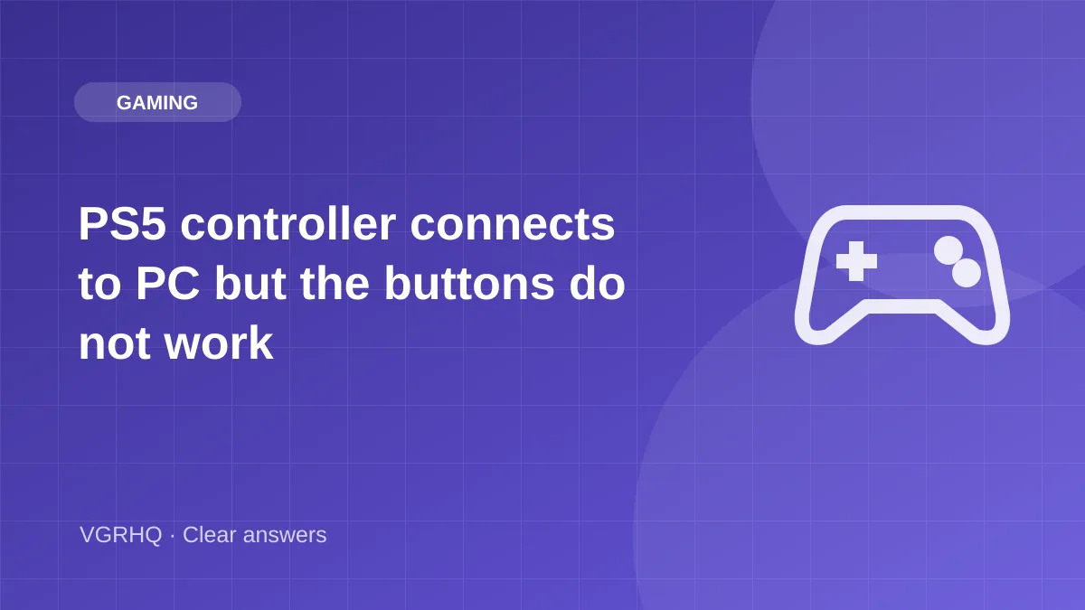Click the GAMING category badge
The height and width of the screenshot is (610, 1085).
point(157,102)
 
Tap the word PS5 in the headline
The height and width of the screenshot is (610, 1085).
point(122,224)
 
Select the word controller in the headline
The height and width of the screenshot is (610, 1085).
point(288,224)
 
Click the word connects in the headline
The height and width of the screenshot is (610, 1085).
point(513,225)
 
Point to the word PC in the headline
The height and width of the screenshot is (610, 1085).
point(167,284)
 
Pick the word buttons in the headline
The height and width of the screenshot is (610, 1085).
point(469,284)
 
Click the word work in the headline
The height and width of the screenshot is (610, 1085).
point(219,343)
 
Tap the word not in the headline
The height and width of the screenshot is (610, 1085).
point(115,344)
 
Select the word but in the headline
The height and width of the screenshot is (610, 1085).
point(250,284)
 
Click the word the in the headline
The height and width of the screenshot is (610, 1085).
point(335,284)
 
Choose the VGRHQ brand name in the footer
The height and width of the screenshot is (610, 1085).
point(120,535)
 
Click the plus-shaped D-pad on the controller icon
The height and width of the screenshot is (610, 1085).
point(856,261)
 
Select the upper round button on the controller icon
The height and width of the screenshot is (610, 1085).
point(948,250)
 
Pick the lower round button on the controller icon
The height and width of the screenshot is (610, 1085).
point(967,273)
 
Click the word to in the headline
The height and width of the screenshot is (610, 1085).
point(99,286)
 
